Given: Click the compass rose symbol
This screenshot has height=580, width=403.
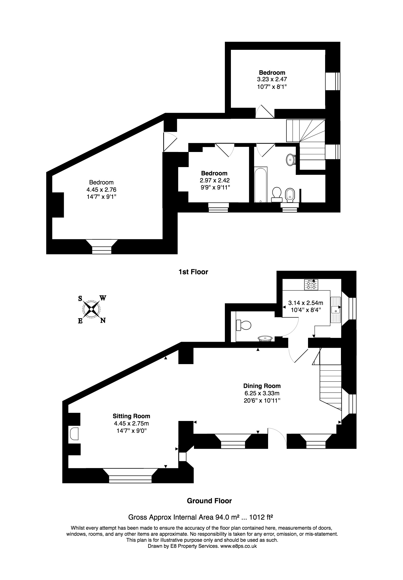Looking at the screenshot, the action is pyautogui.click(x=91, y=309).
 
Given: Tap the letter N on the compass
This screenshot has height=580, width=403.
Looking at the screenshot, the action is pyautogui.click(x=103, y=321).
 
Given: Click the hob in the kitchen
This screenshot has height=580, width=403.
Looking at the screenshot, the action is pyautogui.click(x=311, y=284).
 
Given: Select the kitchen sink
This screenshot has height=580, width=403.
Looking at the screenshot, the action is pyautogui.click(x=335, y=310).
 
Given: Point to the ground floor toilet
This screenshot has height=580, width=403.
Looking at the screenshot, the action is pyautogui.click(x=243, y=325).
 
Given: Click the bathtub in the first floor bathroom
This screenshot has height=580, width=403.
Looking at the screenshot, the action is pyautogui.click(x=261, y=185).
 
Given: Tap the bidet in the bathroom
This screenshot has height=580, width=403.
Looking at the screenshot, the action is pyautogui.click(x=290, y=195).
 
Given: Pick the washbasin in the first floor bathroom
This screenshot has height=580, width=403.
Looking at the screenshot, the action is pyautogui.click(x=291, y=160).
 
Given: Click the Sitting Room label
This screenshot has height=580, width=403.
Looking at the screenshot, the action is pyautogui.click(x=131, y=416).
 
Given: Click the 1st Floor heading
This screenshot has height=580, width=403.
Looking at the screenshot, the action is pyautogui.click(x=193, y=272).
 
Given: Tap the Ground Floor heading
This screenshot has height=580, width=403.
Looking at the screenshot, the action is pyautogui.click(x=209, y=501).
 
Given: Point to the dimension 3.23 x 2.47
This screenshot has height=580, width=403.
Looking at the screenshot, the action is pyautogui.click(x=272, y=79).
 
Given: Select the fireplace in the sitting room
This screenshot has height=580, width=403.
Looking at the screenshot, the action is pyautogui.click(x=74, y=434).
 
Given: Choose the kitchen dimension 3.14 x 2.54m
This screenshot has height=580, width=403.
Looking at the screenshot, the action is pyautogui.click(x=306, y=303).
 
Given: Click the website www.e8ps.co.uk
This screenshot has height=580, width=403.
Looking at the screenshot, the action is pyautogui.click(x=239, y=553).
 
